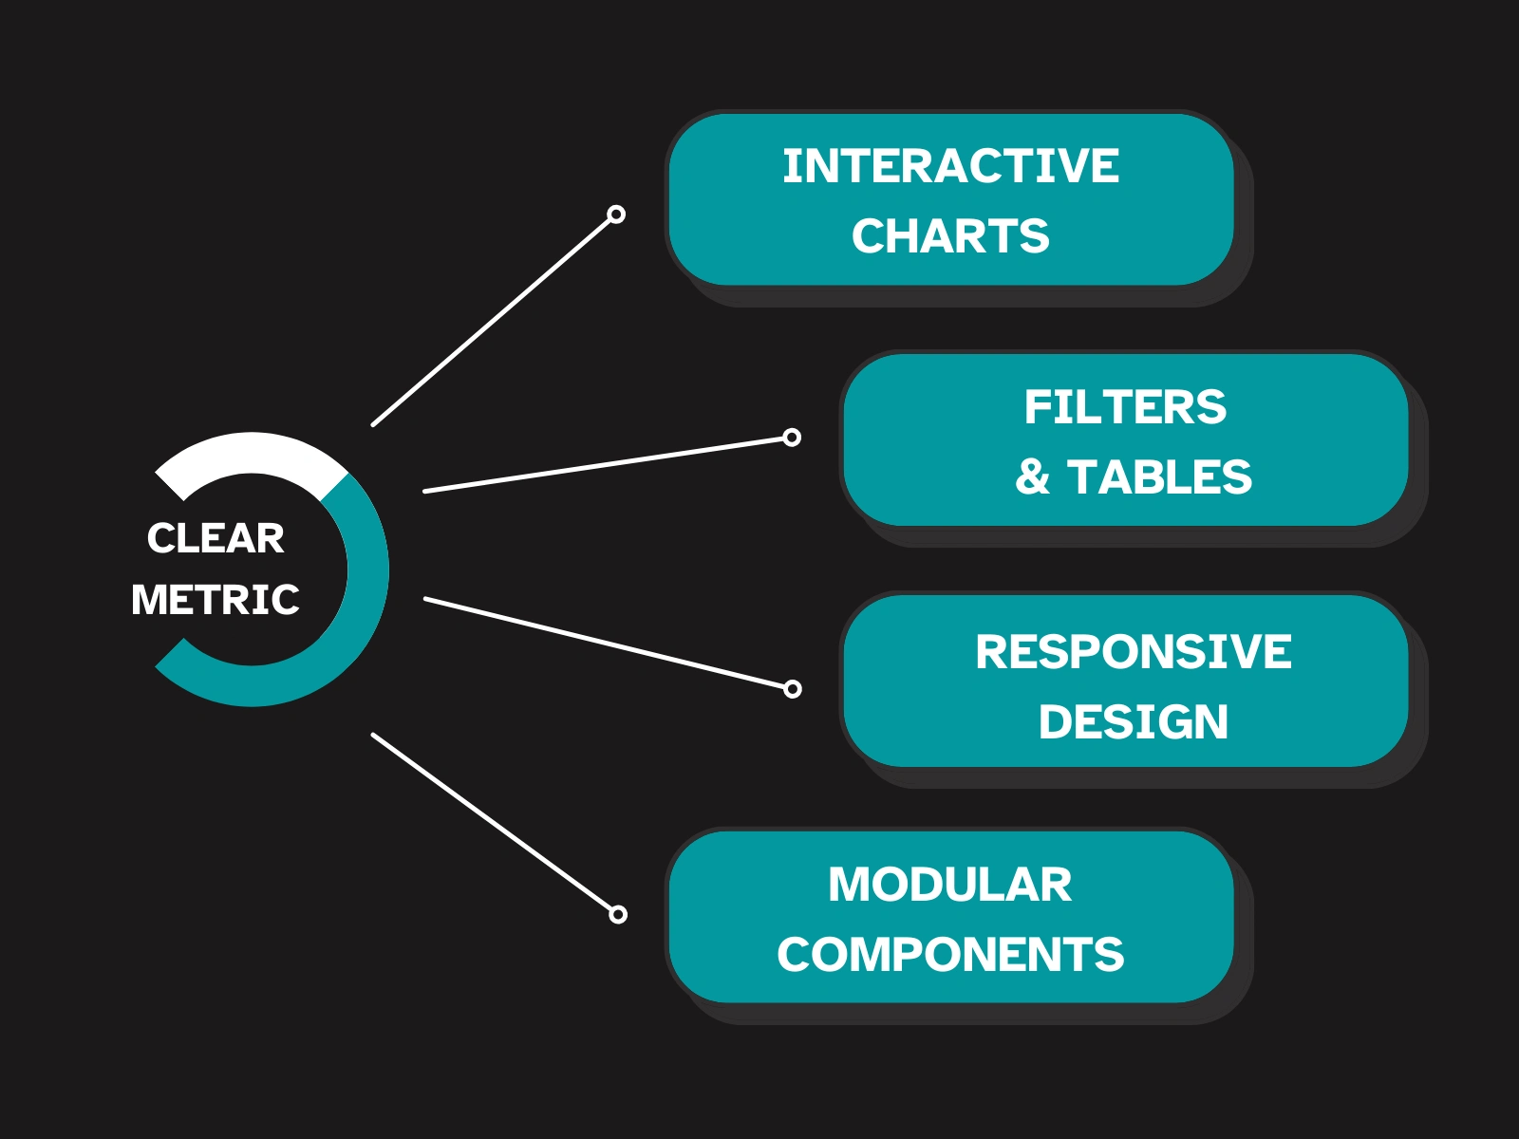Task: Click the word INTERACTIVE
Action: [950, 166]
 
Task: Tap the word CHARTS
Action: [950, 236]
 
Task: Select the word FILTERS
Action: [1125, 407]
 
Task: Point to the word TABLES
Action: [1159, 476]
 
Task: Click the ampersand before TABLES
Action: [1032, 476]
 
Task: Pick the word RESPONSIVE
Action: [1133, 651]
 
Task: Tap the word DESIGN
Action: [1133, 721]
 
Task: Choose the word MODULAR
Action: [949, 885]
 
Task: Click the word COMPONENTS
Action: [950, 955]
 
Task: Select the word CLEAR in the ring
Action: [216, 538]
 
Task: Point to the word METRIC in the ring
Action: [216, 600]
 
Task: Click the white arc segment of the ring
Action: [251, 453]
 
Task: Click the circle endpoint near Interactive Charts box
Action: [616, 215]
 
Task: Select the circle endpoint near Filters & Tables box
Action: [792, 438]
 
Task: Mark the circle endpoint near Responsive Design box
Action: [793, 689]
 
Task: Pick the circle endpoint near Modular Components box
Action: [618, 915]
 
